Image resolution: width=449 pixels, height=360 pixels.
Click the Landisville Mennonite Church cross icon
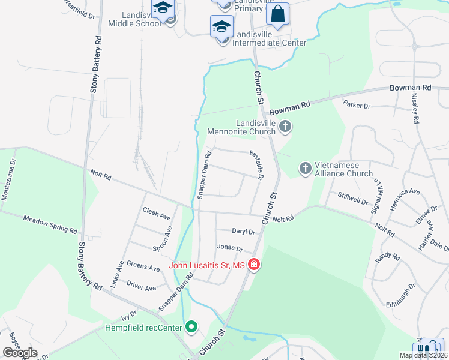pos(285,127)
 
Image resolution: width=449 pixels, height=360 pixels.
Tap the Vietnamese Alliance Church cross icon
pos(306,169)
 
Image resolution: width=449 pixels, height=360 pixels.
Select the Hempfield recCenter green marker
pos(191,327)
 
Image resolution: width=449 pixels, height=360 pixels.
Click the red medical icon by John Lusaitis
pos(253,265)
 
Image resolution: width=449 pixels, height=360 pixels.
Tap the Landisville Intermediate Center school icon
pos(221,27)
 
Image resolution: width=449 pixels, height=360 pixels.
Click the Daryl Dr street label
pos(244,231)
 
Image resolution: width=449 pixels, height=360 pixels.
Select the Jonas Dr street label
pos(229,248)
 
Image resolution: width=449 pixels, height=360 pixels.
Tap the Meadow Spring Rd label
pos(50,224)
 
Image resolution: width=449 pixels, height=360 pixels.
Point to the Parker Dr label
pos(357,106)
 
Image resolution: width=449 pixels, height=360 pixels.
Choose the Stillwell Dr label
pos(352,199)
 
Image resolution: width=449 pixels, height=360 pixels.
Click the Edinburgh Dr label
pos(401,295)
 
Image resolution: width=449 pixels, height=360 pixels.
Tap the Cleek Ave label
pos(157,213)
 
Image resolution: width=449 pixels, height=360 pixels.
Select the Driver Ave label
pos(142,287)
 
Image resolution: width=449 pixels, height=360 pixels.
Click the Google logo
pos(20,353)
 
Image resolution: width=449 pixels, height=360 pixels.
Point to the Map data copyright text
pos(423,355)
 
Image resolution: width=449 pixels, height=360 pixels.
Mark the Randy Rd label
pos(387,257)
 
